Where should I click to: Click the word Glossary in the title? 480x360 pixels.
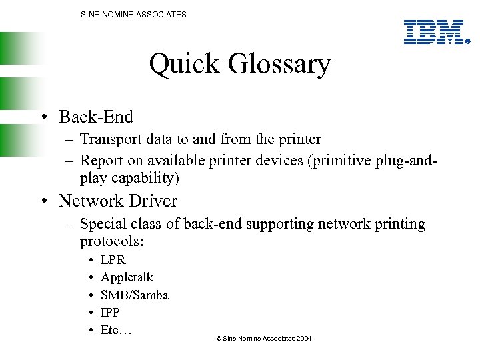point(279,65)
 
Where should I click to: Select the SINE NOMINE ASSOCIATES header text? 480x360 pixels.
point(133,14)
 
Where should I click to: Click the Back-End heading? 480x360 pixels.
point(96,117)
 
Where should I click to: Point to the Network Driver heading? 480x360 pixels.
point(118,201)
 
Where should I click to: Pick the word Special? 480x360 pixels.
point(103,224)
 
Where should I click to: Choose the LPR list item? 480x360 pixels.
point(113,259)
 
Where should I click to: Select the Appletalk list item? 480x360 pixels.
point(127,277)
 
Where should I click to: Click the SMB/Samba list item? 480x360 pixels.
point(134,295)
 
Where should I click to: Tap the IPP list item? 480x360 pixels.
point(109,312)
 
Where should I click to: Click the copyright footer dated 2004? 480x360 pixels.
point(264,339)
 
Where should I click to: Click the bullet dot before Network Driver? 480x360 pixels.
point(42,201)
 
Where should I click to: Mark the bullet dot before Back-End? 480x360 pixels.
point(42,117)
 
